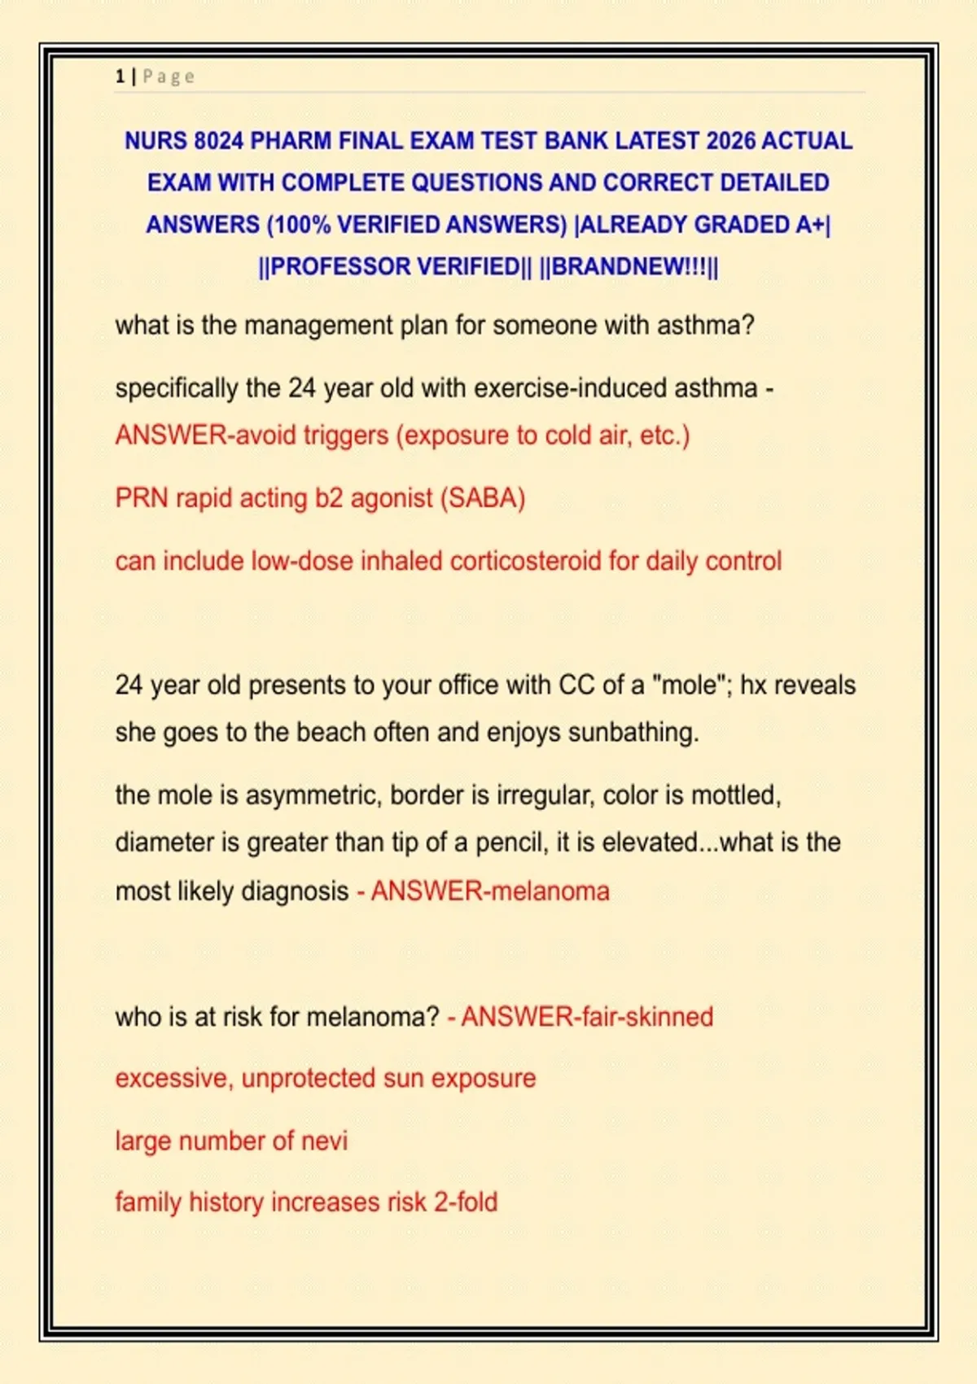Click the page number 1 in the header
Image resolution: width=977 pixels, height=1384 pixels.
pos(120,77)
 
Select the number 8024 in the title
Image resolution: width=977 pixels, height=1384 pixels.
pos(218,141)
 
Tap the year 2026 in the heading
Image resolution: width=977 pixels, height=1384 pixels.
pos(730,141)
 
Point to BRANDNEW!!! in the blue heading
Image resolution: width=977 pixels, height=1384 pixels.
pos(629,267)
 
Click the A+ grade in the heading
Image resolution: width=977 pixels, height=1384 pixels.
pos(809,225)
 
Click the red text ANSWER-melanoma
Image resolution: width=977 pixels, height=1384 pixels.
pos(490,891)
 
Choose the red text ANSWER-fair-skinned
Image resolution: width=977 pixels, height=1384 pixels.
pos(587,1016)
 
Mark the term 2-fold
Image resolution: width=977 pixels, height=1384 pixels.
pos(465,1202)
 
